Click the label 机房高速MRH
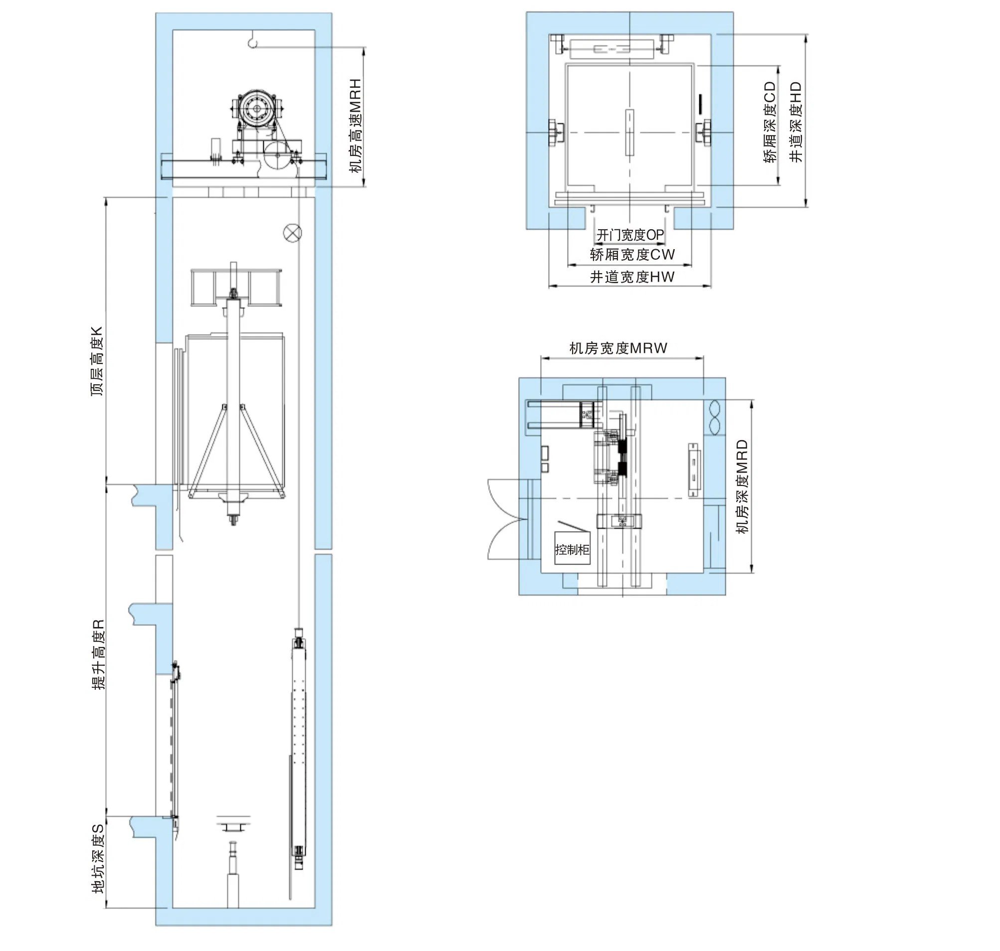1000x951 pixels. pyautogui.click(x=356, y=126)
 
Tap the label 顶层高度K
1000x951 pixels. pyautogui.click(x=97, y=361)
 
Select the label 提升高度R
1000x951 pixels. pyautogui.click(x=98, y=654)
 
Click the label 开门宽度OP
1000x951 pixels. pyautogui.click(x=629, y=235)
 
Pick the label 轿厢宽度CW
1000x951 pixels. pyautogui.click(x=632, y=255)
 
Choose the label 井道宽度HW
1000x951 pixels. pyautogui.click(x=632, y=277)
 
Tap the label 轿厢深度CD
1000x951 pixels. pyautogui.click(x=770, y=122)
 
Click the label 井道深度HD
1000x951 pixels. pyautogui.click(x=796, y=122)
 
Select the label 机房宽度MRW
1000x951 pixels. pyautogui.click(x=618, y=348)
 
